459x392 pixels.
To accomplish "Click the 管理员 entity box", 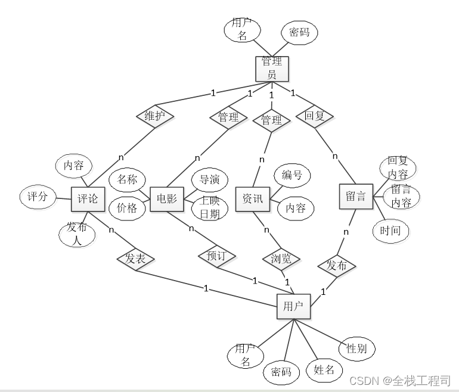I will pyautogui.click(x=272, y=68).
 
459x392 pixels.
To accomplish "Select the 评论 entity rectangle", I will pyautogui.click(x=88, y=198).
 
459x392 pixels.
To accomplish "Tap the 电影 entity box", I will pyautogui.click(x=166, y=198).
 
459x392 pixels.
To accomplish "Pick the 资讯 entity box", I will pyautogui.click(x=252, y=198).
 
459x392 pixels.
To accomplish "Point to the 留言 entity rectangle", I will pyautogui.click(x=356, y=196).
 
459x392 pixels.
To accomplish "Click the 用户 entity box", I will pyautogui.click(x=293, y=307).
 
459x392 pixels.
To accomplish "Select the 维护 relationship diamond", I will pyautogui.click(x=154, y=116).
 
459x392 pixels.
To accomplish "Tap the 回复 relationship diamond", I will pyautogui.click(x=314, y=116).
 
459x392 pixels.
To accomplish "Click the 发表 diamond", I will pyautogui.click(x=136, y=259).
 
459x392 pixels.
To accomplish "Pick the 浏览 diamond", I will pyautogui.click(x=281, y=259).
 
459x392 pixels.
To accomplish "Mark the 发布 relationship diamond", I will pyautogui.click(x=337, y=265).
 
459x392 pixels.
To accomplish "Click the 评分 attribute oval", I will pyautogui.click(x=38, y=196).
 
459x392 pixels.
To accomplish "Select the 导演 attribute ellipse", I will pyautogui.click(x=209, y=179).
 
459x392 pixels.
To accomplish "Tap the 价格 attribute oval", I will pyautogui.click(x=127, y=208).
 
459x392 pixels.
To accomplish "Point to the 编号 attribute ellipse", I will pyautogui.click(x=292, y=175).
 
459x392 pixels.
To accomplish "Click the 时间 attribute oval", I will pyautogui.click(x=390, y=231).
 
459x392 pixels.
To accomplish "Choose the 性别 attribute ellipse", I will pyautogui.click(x=356, y=349).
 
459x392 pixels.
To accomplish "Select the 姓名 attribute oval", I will pyautogui.click(x=324, y=370).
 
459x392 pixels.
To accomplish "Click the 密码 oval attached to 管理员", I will pyautogui.click(x=299, y=32).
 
